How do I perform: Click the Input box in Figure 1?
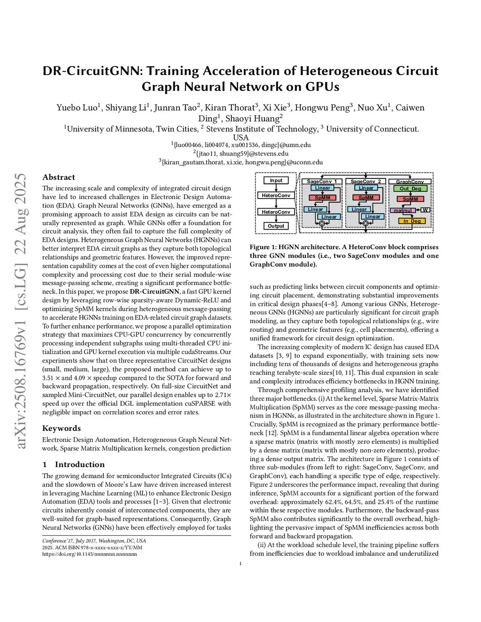pyautogui.click(x=276, y=180)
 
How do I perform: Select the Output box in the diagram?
pyautogui.click(x=276, y=226)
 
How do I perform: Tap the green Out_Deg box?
pyautogui.click(x=410, y=189)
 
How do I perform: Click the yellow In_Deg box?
pyautogui.click(x=412, y=221)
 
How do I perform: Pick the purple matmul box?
pyautogui.click(x=403, y=210)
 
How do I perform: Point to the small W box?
pyautogui.click(x=426, y=210)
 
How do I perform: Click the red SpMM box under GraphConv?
pyautogui.click(x=410, y=199)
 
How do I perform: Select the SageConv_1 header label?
pyautogui.click(x=322, y=181)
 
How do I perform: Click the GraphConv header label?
pyautogui.click(x=410, y=182)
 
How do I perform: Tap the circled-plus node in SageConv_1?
pyautogui.click(x=322, y=223)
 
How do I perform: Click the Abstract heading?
pyautogui.click(x=59, y=177)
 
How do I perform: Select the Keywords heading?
pyautogui.click(x=62, y=428)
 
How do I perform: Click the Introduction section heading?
pyautogui.click(x=79, y=464)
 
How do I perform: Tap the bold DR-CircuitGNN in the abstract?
pyautogui.click(x=155, y=292)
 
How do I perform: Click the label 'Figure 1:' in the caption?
pyautogui.click(x=263, y=247)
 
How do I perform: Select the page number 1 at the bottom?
pyautogui.click(x=240, y=563)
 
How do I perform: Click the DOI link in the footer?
pyautogui.click(x=89, y=554)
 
